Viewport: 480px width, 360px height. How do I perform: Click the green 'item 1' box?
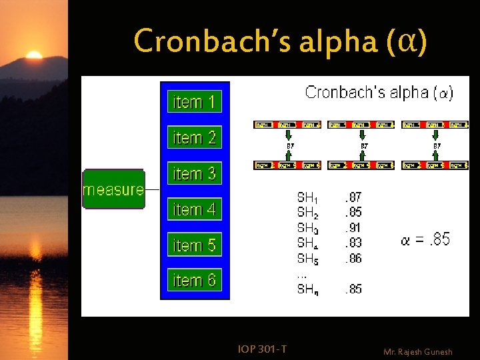(x=194, y=102)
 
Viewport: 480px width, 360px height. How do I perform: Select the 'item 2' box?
(x=194, y=138)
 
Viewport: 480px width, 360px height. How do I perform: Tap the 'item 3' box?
(x=194, y=174)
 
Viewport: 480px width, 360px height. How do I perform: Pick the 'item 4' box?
(x=194, y=209)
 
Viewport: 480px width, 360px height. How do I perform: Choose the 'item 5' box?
(x=194, y=245)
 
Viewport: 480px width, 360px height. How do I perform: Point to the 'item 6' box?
(x=194, y=281)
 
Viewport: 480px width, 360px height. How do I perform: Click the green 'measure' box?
(x=113, y=189)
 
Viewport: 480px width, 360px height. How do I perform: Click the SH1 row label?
(x=307, y=197)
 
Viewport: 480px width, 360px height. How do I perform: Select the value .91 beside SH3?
(x=353, y=227)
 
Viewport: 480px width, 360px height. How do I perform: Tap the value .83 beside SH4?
(x=353, y=243)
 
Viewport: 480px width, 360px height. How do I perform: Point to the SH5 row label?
(x=307, y=258)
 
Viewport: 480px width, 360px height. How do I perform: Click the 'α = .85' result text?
(x=425, y=239)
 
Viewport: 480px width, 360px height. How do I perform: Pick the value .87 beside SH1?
(x=353, y=197)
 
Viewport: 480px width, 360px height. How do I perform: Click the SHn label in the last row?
(x=307, y=289)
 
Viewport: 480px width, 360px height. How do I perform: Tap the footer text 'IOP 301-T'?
(x=262, y=348)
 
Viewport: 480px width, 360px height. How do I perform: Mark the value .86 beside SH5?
(x=353, y=258)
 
